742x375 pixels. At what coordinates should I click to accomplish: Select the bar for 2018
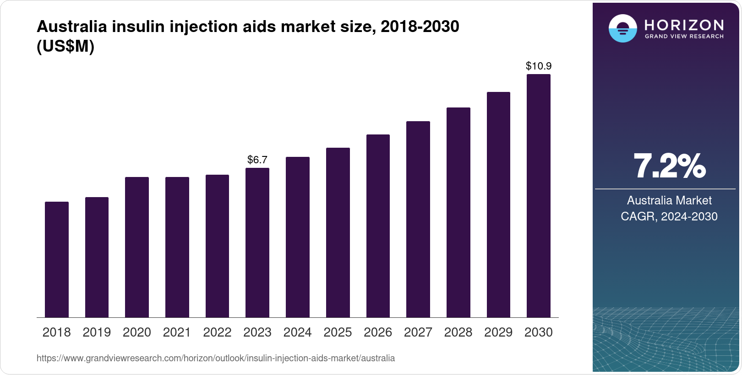coord(57,259)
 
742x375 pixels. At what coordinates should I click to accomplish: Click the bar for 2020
coord(137,247)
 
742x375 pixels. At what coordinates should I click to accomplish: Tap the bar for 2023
coord(257,242)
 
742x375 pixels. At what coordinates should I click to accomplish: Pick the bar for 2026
coord(378,226)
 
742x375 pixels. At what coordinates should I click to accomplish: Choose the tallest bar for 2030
coord(539,196)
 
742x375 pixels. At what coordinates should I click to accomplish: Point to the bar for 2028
coord(458,212)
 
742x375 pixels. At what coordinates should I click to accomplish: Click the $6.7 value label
coord(257,160)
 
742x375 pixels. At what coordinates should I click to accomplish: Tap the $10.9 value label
coord(539,66)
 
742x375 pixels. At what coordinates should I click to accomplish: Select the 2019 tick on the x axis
coord(97,332)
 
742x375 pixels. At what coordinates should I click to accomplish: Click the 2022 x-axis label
coord(217,332)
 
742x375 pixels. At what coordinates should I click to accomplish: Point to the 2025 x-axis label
coord(338,332)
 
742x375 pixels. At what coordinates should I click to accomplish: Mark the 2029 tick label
coord(498,332)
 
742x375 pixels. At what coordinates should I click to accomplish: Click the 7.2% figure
coord(669,166)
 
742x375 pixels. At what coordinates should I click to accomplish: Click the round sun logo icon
coord(622,28)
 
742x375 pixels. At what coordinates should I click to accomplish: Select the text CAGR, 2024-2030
coord(669,216)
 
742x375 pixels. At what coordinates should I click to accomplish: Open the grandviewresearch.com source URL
coord(216,358)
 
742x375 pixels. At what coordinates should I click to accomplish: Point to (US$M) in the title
coord(65,46)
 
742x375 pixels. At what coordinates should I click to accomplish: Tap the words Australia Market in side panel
coord(669,200)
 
